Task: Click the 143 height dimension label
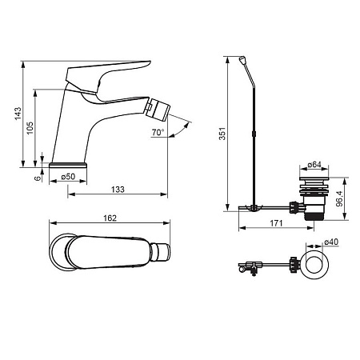coord(18,114)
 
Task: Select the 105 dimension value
coord(30,128)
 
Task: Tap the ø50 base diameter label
coord(68,177)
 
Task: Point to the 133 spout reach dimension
coord(118,190)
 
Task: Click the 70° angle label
coord(158,132)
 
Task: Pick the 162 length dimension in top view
coord(110,218)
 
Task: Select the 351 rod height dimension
coord(222,134)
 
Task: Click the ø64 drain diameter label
coord(314,165)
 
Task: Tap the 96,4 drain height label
coord(339,198)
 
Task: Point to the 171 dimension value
coord(276,223)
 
